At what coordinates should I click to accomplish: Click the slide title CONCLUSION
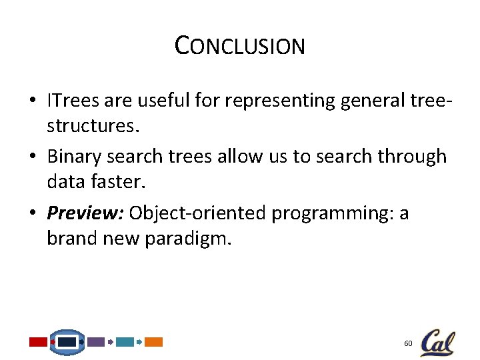click(x=239, y=45)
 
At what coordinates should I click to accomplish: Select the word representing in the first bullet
click(x=281, y=101)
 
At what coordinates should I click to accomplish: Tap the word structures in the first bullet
click(x=88, y=125)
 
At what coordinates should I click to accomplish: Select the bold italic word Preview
click(x=85, y=213)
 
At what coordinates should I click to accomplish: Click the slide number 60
click(x=408, y=343)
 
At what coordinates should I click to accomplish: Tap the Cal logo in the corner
click(x=437, y=343)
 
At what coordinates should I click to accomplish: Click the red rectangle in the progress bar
click(x=38, y=342)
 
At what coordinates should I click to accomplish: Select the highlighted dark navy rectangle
click(x=67, y=342)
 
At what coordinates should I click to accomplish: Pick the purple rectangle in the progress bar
click(x=96, y=342)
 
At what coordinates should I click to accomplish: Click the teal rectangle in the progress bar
click(x=125, y=342)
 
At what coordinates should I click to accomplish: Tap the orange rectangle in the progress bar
click(x=153, y=342)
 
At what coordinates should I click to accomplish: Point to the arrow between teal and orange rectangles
click(x=139, y=342)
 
